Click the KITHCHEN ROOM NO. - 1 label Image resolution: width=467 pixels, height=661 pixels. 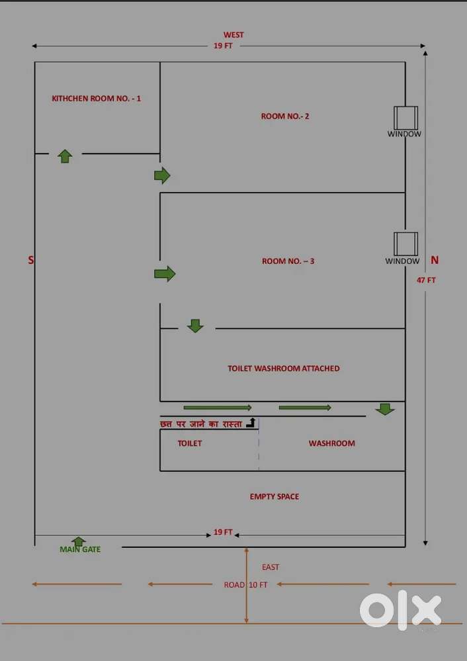(97, 99)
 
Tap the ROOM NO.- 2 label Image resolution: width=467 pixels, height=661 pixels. (285, 116)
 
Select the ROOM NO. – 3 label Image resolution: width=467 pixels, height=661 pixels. (288, 261)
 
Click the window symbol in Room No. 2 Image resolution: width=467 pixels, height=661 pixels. (405, 118)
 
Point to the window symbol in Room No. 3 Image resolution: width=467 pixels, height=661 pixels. (405, 243)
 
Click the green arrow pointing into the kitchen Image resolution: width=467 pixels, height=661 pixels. (65, 156)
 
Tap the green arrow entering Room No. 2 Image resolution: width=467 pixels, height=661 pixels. (162, 175)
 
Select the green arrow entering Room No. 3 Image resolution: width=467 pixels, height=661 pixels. (165, 273)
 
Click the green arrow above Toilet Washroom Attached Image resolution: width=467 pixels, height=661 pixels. (195, 326)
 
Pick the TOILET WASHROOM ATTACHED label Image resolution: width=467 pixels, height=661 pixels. (283, 369)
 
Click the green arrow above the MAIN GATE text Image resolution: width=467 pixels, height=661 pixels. (79, 541)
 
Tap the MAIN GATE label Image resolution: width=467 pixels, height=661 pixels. (80, 549)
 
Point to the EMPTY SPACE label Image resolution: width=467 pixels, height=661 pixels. (274, 496)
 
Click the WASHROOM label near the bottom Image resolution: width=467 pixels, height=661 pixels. (331, 443)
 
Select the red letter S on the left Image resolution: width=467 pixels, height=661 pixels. (30, 261)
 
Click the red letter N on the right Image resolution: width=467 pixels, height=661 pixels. (435, 260)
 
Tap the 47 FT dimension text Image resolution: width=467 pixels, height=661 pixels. (426, 280)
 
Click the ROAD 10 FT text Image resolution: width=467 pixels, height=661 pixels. (245, 585)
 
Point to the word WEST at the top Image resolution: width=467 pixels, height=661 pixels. (233, 35)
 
